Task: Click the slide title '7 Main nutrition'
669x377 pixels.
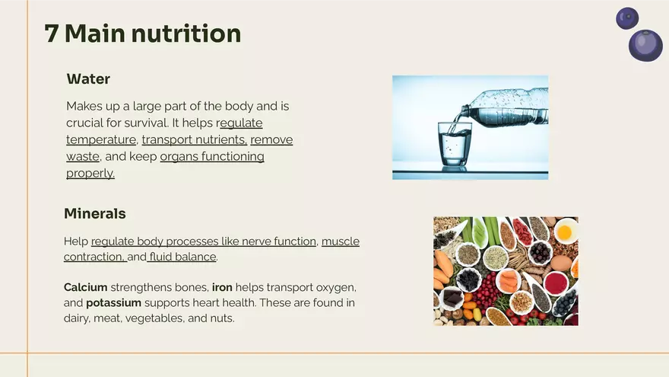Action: (x=142, y=34)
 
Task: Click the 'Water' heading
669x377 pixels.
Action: (x=88, y=79)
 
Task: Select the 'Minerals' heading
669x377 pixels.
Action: (x=94, y=213)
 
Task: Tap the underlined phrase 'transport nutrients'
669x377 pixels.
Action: (x=194, y=140)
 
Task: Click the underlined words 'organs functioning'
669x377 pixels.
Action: (x=212, y=157)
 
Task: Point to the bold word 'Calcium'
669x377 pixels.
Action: (x=85, y=287)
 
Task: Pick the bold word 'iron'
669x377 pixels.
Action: (x=222, y=287)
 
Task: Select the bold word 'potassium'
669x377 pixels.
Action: (x=113, y=303)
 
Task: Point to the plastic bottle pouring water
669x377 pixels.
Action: (x=506, y=108)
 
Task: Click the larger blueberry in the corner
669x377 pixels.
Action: (x=645, y=46)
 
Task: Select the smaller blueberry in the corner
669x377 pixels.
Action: (x=627, y=18)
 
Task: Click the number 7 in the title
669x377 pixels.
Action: (x=51, y=34)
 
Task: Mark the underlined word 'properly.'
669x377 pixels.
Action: (x=90, y=173)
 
